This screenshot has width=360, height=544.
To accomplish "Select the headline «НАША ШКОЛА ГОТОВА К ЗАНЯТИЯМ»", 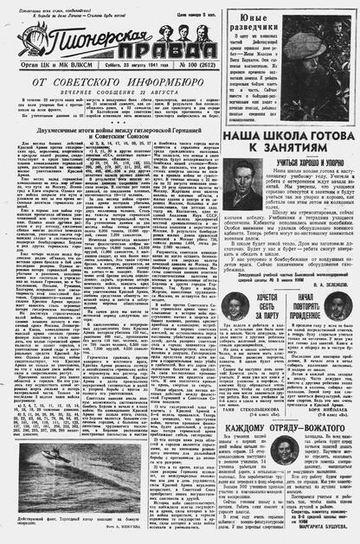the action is [287, 143].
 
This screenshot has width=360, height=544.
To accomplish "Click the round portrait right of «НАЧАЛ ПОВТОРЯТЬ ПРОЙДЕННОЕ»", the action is [337, 304].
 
